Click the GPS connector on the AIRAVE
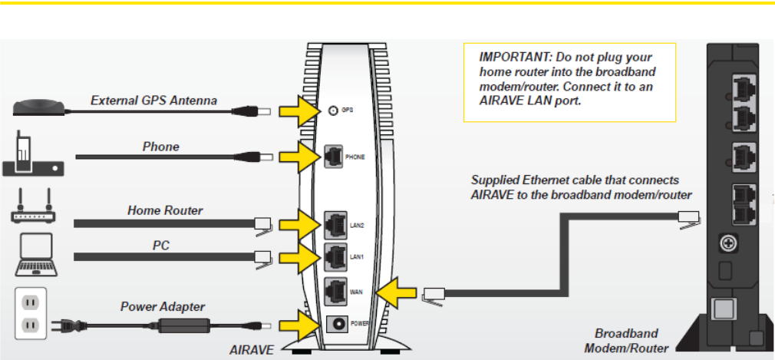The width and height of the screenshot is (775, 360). [332, 111]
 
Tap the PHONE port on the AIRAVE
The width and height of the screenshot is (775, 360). [335, 156]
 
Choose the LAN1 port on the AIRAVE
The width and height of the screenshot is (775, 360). [335, 256]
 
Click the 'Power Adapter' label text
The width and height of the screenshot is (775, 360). [160, 307]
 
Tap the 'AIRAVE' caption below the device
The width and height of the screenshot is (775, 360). [252, 349]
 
